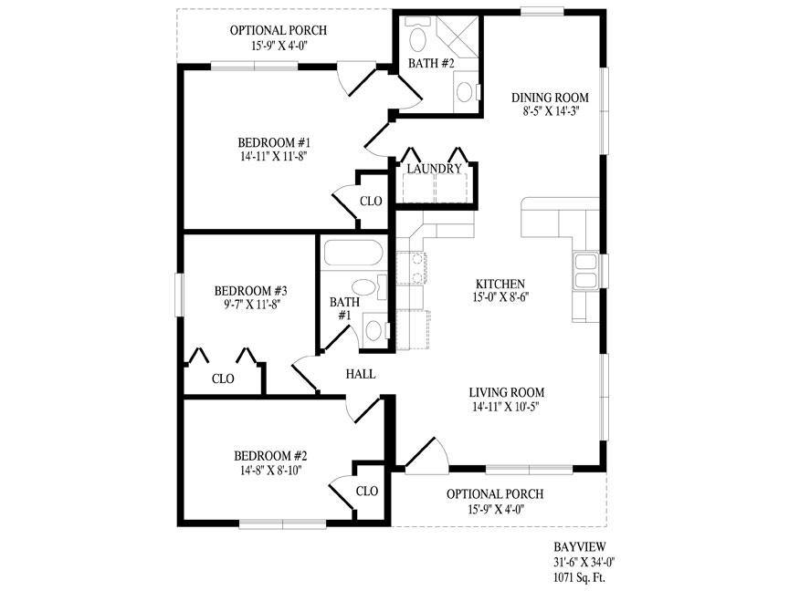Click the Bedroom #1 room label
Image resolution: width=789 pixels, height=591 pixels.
[274, 142]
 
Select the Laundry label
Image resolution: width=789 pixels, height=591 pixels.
[435, 169]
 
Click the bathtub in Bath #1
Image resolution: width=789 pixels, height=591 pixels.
[353, 253]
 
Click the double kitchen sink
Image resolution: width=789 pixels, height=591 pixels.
[584, 270]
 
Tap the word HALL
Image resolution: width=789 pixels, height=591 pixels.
[361, 374]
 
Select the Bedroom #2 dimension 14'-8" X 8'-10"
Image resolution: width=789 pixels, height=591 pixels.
[270, 470]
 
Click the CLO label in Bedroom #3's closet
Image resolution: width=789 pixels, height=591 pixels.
[223, 378]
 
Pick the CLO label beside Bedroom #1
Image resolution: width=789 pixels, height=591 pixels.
[371, 201]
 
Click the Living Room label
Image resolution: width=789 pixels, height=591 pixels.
[507, 392]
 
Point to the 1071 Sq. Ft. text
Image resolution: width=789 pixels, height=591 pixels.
[580, 577]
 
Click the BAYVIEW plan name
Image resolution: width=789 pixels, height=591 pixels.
[580, 547]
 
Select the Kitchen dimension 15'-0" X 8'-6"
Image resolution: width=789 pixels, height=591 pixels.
[500, 297]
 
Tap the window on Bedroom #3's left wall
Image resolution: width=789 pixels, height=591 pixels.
[179, 295]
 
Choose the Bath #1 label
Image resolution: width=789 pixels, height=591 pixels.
[344, 308]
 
